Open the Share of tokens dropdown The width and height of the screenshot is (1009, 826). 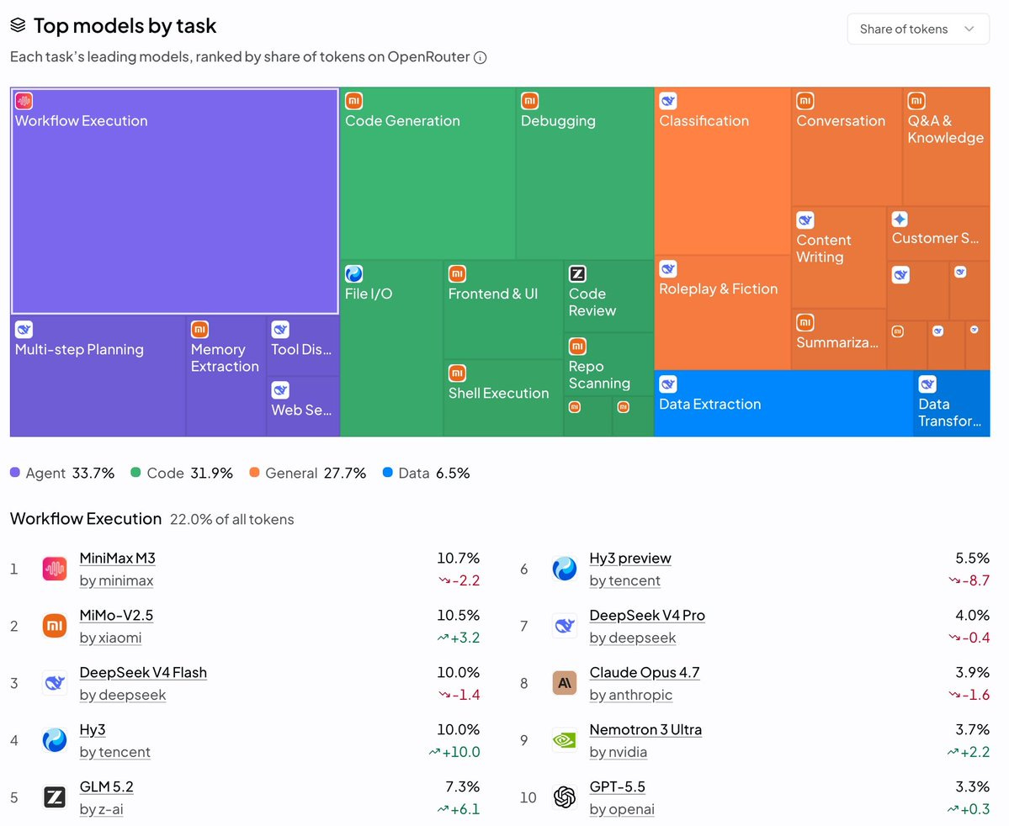(x=917, y=29)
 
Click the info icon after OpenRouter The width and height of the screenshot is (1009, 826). (x=480, y=57)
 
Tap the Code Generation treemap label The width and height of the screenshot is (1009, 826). (x=402, y=121)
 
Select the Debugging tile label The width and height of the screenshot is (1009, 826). (x=558, y=121)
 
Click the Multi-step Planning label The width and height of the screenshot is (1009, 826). (x=79, y=349)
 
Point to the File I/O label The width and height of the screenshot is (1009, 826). (x=368, y=294)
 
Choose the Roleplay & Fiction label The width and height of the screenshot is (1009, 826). (x=718, y=289)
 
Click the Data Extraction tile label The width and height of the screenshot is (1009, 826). (x=709, y=404)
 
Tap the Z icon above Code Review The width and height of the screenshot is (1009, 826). (x=577, y=273)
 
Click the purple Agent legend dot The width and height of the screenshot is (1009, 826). (x=15, y=472)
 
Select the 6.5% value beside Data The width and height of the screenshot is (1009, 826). (x=453, y=474)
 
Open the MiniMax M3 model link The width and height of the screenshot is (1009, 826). (x=117, y=559)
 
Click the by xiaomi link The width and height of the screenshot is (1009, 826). (x=111, y=638)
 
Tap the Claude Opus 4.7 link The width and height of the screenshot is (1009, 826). (x=644, y=672)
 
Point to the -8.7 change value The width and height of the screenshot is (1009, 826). (x=969, y=580)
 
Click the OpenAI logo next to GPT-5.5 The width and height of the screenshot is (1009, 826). (x=565, y=797)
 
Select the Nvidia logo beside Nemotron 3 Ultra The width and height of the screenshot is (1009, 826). (x=565, y=740)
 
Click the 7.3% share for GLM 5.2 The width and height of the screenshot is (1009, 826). (x=463, y=786)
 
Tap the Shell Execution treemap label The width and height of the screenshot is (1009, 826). (x=499, y=393)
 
